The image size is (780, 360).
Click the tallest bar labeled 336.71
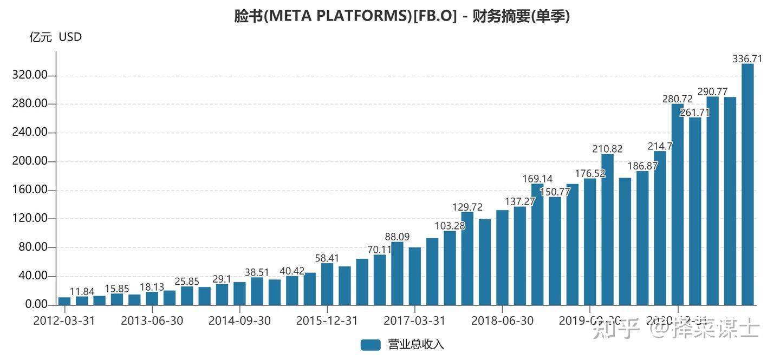click(x=747, y=184)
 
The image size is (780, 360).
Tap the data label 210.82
click(x=607, y=149)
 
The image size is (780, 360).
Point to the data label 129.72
click(x=467, y=207)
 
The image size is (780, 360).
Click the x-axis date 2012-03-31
click(x=64, y=320)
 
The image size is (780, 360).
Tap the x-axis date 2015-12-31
click(x=327, y=320)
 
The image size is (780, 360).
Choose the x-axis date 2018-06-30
click(x=502, y=320)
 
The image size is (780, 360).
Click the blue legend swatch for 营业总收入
click(x=370, y=345)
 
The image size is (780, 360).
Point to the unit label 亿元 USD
click(x=55, y=37)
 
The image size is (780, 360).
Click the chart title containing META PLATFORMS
click(x=401, y=16)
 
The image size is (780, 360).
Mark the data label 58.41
click(x=327, y=258)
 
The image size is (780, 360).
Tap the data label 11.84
click(x=82, y=292)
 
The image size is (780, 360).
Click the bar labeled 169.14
click(x=537, y=244)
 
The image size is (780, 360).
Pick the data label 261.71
click(x=695, y=112)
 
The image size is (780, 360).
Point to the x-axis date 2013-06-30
click(x=152, y=320)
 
